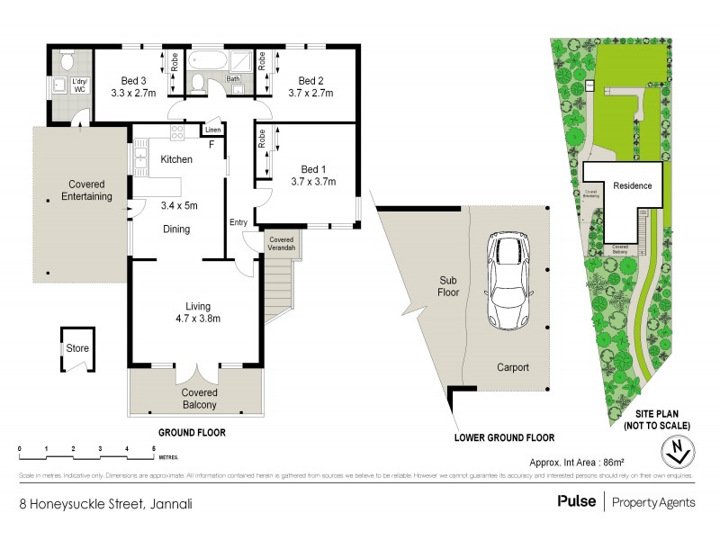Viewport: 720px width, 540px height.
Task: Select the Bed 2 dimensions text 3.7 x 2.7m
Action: point(310,92)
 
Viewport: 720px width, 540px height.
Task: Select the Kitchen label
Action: point(176,159)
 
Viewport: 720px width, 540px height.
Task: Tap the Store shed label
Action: point(75,349)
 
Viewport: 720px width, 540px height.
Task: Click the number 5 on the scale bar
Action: point(154,447)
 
